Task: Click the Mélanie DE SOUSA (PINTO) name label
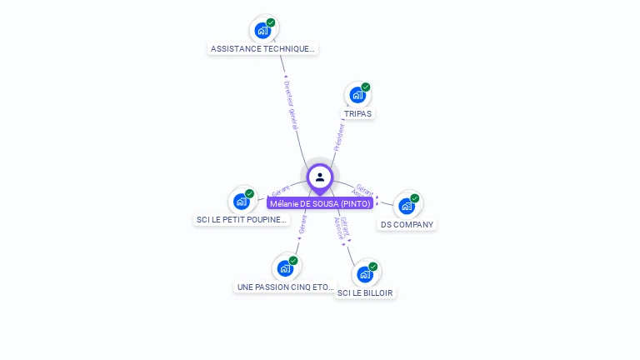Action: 320,203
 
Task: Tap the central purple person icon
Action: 320,177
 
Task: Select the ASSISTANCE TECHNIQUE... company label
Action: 262,49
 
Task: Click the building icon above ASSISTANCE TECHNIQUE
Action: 263,31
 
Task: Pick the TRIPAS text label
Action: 357,113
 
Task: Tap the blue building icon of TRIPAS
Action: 357,95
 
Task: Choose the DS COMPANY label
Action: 407,224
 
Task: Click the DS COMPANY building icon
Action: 407,205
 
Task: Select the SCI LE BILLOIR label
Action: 365,293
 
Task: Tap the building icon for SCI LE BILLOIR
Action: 365,274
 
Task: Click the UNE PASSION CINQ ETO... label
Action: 285,287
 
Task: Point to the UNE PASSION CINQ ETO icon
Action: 285,268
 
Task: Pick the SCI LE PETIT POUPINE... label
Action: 242,220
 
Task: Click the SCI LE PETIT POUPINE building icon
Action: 242,201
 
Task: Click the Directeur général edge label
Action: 291,105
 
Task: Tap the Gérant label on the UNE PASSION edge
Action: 303,224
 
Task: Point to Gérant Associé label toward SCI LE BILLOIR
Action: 342,227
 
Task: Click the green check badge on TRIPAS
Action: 366,87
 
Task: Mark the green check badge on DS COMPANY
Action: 415,198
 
